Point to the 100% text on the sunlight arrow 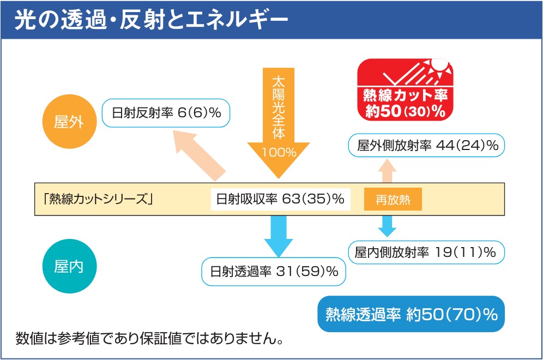tap(279, 152)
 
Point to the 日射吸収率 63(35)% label tap(280, 200)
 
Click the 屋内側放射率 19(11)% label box tap(426, 253)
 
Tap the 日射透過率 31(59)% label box tap(274, 271)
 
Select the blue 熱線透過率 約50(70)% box tap(412, 314)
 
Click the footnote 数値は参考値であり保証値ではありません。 tap(149, 338)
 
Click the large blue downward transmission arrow tap(279, 235)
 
